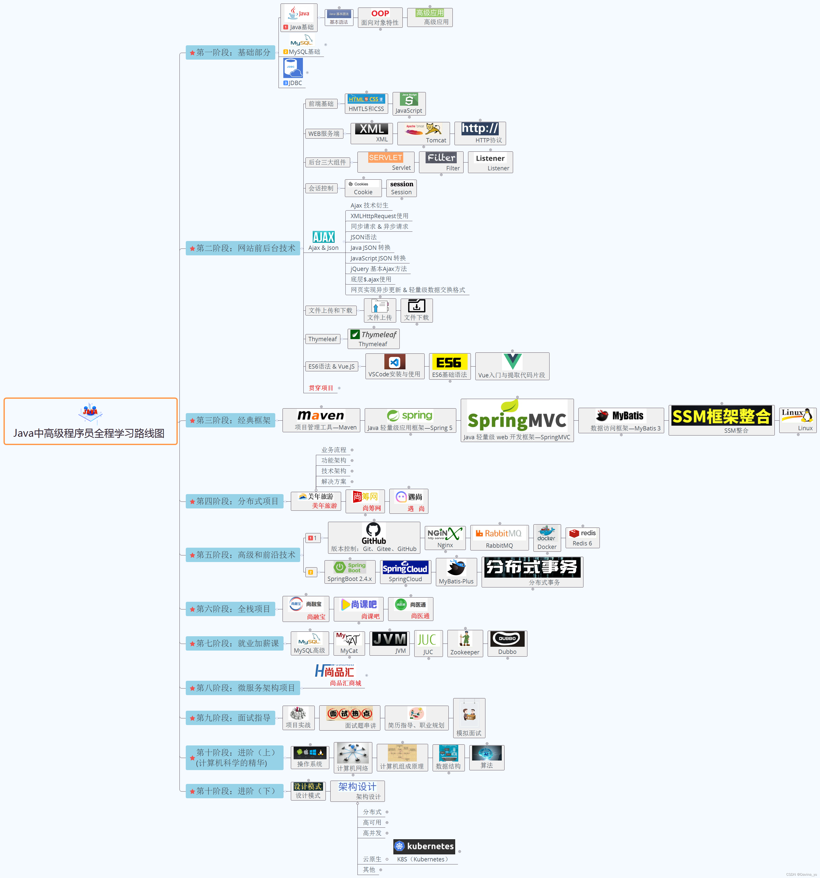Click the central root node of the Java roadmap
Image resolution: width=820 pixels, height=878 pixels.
click(x=90, y=421)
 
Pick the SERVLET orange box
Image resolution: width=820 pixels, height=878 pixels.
click(x=385, y=162)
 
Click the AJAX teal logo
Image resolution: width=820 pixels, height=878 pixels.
click(x=324, y=237)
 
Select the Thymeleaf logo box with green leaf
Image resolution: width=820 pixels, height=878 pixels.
click(x=373, y=339)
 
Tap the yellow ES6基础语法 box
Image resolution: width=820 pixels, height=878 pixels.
click(x=449, y=366)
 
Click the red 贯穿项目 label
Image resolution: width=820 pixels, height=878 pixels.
click(x=321, y=388)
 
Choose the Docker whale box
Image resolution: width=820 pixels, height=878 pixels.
click(x=547, y=537)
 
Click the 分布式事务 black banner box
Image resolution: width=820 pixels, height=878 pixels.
click(x=532, y=572)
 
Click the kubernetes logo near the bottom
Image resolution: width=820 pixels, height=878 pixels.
click(x=424, y=846)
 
